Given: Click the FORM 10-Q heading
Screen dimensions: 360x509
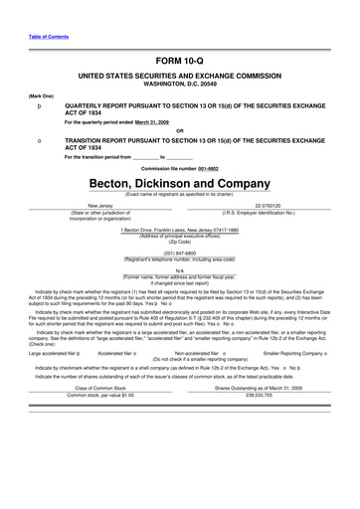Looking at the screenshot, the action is point(179,60).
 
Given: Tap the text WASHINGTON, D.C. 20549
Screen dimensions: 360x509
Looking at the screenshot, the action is point(179,84).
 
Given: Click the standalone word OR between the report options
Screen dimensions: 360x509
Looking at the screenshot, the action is point(179,131).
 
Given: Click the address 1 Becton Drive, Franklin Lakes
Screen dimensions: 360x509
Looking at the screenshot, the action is point(179,230).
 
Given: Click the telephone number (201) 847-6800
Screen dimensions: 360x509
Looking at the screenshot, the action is point(179,254).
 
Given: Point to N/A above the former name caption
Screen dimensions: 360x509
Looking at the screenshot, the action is point(179,269).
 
